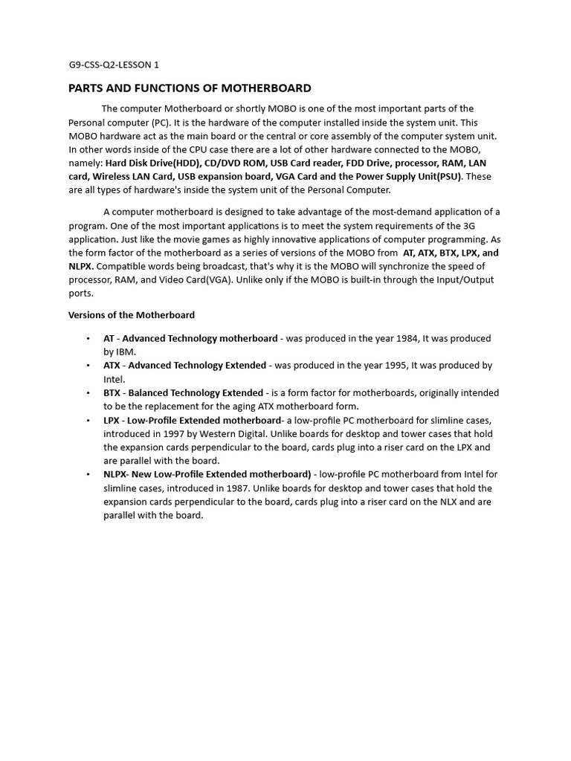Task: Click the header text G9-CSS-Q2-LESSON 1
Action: coord(114,65)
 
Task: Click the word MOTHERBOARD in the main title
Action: coord(265,88)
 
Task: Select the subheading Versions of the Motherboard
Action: coord(132,315)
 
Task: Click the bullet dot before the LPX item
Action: coord(88,421)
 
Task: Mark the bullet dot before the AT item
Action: coord(88,339)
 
